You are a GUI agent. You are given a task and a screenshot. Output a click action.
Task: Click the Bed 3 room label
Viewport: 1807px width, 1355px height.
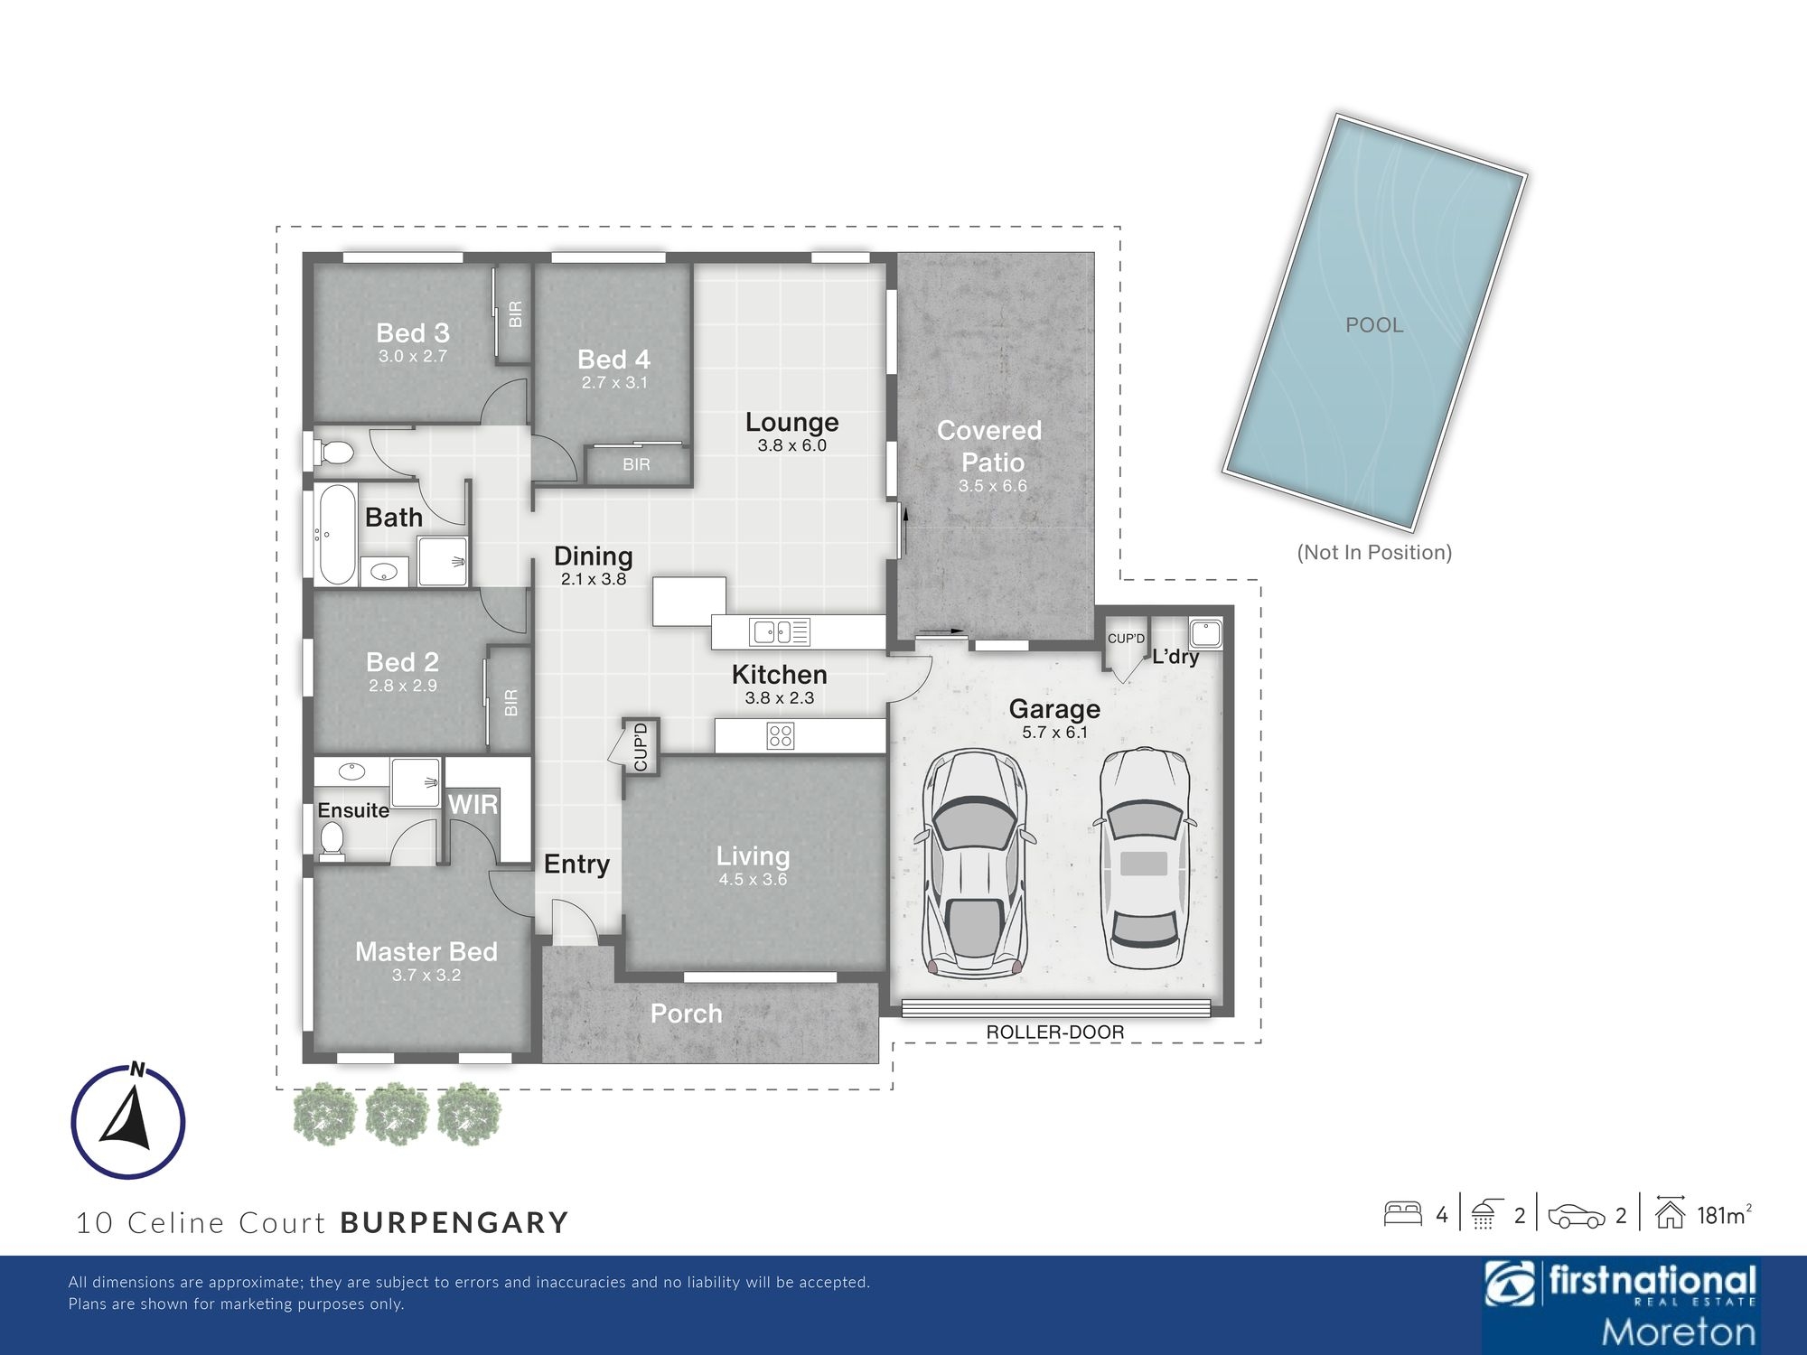tap(413, 332)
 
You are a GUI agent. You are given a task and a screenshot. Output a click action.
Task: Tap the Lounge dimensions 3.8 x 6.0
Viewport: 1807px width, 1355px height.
tap(792, 445)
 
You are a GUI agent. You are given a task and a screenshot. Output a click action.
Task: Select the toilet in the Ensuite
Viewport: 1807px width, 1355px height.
tap(332, 838)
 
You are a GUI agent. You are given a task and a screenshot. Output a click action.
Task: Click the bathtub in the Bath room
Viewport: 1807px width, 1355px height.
tap(337, 535)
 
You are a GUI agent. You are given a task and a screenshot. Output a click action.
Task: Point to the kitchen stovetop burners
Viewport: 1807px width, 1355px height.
tap(781, 735)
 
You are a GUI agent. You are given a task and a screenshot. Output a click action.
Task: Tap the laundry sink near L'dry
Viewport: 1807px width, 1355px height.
tap(1206, 632)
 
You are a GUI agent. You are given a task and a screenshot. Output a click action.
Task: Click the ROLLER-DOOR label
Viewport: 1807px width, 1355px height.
tap(1055, 1032)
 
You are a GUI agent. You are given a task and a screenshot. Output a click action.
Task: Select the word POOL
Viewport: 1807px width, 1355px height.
tap(1374, 325)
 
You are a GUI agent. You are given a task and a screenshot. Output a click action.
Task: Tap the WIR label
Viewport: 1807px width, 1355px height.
tap(473, 804)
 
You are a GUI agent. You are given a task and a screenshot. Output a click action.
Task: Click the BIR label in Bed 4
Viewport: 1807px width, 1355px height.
tap(636, 464)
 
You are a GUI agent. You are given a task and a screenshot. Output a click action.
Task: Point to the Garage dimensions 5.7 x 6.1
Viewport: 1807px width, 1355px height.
tap(1055, 733)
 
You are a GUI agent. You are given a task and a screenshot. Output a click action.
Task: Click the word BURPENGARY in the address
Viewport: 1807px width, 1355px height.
tap(454, 1222)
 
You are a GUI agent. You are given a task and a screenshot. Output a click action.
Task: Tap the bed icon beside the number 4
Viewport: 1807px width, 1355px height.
tap(1403, 1213)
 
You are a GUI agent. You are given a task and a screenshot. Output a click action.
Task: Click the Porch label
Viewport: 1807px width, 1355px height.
tap(687, 1014)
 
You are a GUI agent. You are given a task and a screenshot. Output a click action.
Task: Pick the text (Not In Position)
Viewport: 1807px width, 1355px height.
tap(1374, 552)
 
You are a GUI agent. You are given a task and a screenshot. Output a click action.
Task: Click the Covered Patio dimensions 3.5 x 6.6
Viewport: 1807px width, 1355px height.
tap(993, 486)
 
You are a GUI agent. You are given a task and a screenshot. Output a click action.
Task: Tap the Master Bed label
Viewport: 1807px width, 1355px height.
tap(426, 951)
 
